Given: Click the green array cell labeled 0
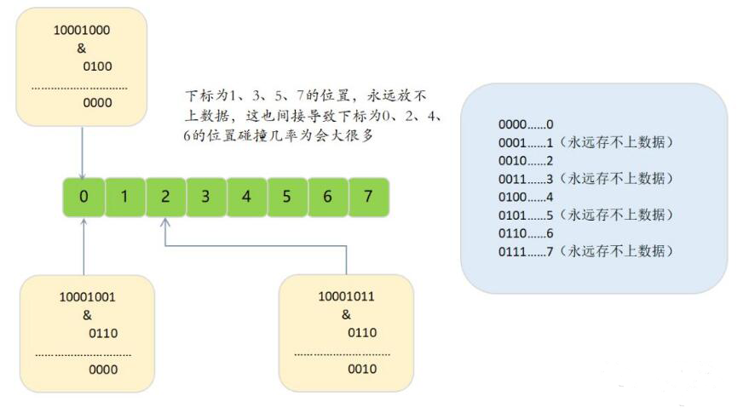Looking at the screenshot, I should click(84, 197).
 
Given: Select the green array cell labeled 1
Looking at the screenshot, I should click(124, 197).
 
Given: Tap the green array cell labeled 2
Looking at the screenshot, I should click(165, 197).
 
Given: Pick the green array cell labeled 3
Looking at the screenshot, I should click(205, 197).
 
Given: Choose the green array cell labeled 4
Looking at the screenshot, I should click(246, 197).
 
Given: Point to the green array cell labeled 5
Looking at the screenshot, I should click(287, 197).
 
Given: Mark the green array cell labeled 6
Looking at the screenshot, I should click(328, 197).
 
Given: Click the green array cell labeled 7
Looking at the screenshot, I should click(368, 197).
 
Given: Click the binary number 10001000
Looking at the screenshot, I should click(82, 30).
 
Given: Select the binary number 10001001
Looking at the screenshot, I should click(88, 298).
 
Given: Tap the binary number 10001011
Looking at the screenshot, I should click(346, 297).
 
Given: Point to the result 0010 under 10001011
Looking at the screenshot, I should click(362, 370).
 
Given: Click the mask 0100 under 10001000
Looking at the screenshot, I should click(98, 66).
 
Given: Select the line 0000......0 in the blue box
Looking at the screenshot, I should click(526, 124).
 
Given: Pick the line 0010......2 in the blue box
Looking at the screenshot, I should click(526, 160).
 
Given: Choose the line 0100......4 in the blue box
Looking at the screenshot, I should click(526, 196).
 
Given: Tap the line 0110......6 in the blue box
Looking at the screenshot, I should click(526, 232).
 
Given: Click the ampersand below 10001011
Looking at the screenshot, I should click(346, 315).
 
